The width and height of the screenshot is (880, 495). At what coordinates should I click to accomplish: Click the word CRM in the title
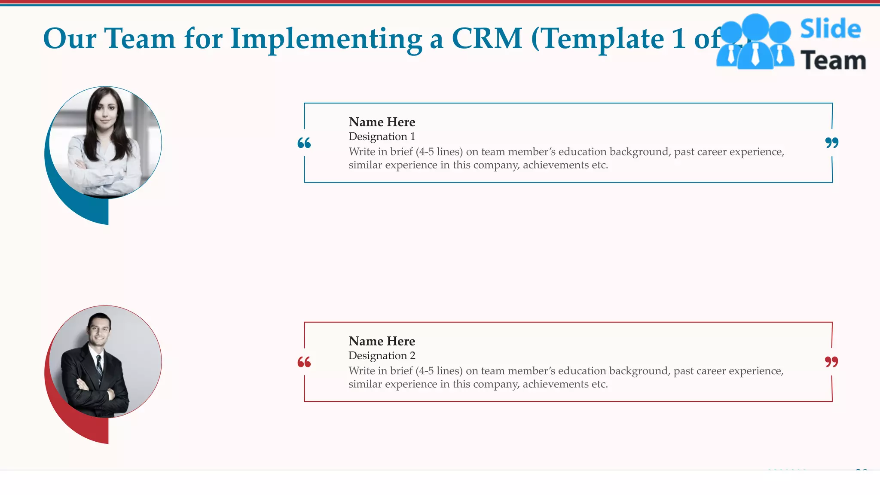point(486,39)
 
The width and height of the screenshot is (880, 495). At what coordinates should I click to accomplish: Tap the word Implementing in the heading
point(327,39)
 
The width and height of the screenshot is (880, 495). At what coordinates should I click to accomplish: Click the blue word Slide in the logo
point(830,29)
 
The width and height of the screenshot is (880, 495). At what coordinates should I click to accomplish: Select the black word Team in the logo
point(833,60)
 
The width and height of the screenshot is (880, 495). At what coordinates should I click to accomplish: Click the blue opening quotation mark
point(304,143)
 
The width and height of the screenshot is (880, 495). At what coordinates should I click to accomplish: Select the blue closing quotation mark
point(831,143)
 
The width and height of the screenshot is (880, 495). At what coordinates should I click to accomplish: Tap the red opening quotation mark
point(304,362)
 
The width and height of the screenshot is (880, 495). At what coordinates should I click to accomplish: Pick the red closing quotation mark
point(831,362)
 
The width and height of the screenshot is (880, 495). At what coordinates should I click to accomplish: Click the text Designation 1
point(382,137)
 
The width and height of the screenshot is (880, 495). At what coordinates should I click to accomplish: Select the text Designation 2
point(382,356)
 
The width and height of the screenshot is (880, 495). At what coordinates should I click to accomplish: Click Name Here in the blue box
point(382,122)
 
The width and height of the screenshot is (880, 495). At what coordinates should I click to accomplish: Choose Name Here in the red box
point(382,341)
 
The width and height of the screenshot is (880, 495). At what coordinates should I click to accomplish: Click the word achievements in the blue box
point(556,165)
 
